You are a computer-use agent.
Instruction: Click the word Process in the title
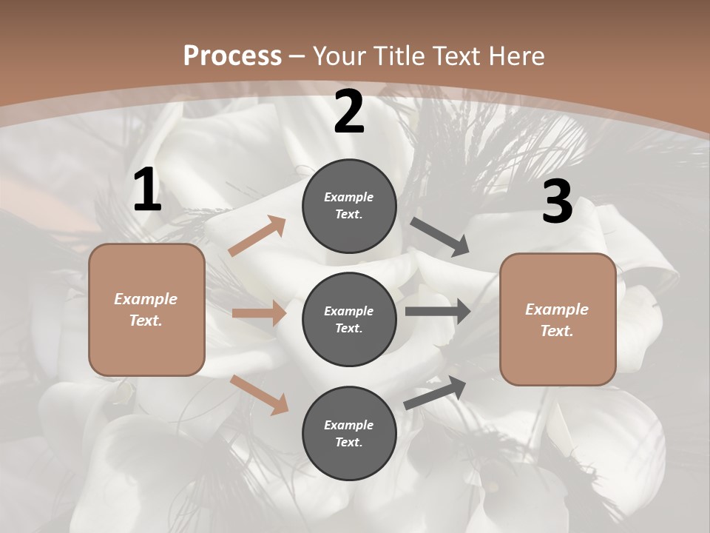point(232,56)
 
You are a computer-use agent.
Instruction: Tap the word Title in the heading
point(399,56)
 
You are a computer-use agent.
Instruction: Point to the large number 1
point(147,190)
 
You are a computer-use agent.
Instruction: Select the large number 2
point(349,112)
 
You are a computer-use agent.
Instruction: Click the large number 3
point(557,202)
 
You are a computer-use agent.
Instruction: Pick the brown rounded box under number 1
point(146,309)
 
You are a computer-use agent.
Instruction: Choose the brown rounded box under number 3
point(557,319)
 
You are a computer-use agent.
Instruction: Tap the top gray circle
point(349,206)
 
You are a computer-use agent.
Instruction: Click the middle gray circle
point(349,319)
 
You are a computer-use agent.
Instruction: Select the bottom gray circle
point(349,433)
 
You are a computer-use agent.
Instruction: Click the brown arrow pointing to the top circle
point(257,237)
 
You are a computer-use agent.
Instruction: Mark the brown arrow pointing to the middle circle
point(259,313)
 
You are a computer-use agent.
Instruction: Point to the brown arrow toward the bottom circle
point(259,395)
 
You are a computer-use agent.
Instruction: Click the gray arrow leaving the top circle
point(439,237)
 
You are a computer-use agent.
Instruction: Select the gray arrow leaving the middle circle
point(438,312)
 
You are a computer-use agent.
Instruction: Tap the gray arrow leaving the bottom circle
point(435,392)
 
